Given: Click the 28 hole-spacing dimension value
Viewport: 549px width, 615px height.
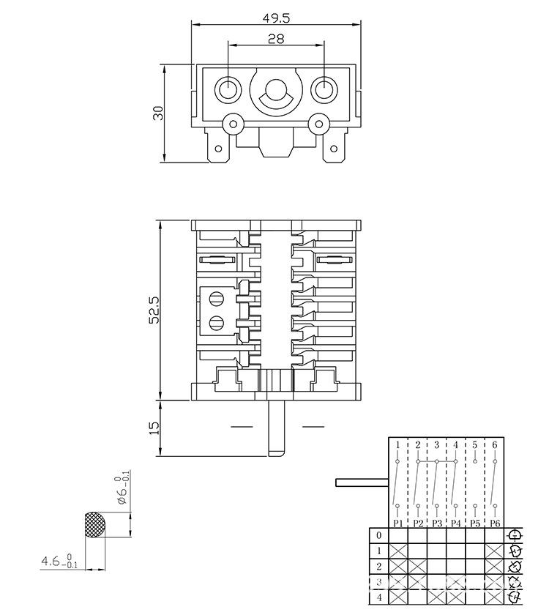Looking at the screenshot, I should point(276,40).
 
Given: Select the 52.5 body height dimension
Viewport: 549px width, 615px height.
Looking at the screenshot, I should point(154,310).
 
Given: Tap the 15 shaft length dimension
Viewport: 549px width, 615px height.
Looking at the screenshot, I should point(154,428).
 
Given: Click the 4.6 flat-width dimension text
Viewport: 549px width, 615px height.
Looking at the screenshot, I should point(51,562).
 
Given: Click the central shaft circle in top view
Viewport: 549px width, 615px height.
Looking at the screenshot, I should point(275,91).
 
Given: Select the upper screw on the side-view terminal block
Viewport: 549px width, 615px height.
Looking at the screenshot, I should point(216,299).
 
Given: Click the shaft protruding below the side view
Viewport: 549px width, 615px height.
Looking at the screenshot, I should point(275,428).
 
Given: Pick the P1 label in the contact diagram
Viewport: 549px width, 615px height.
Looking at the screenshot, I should point(397,523).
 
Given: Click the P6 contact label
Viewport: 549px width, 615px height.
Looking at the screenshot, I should point(494,523).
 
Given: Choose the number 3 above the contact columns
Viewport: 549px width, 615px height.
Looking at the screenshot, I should point(436,444).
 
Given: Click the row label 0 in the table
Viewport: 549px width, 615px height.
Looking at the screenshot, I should point(378,535).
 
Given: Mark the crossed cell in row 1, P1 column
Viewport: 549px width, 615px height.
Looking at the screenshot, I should point(397,551).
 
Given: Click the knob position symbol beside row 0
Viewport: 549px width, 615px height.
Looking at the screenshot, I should point(515,535).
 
